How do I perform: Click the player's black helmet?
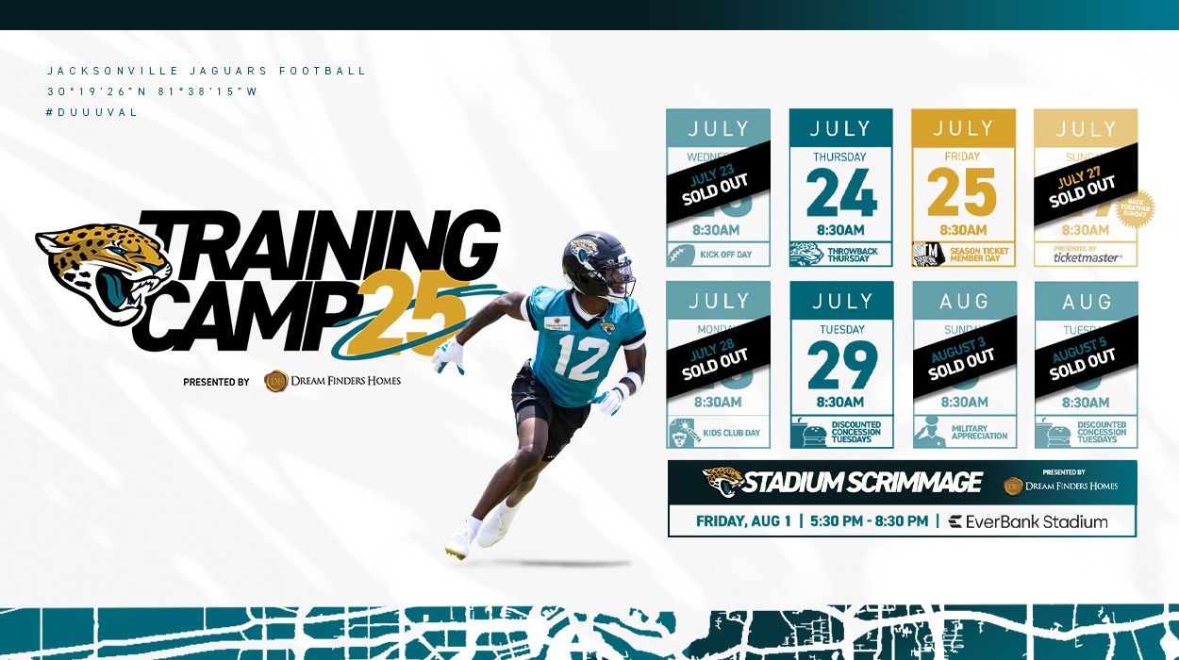tap(594, 263)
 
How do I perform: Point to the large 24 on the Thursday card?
tap(841, 193)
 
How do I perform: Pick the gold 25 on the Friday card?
tap(962, 193)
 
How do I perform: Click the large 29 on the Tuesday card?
tap(841, 366)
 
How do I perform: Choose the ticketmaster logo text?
tap(1087, 257)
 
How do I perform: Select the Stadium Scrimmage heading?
tap(861, 483)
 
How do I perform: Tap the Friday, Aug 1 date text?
tap(743, 521)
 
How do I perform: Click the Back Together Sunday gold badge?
tap(1136, 209)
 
